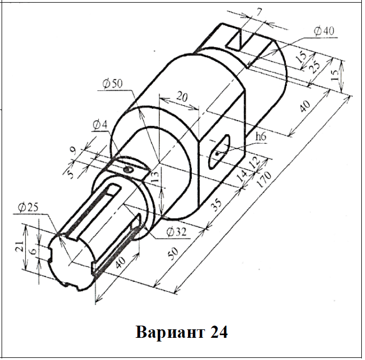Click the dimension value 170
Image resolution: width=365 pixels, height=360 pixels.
(264, 179)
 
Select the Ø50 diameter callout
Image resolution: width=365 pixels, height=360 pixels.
(113, 84)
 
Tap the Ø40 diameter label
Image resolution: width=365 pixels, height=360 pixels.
(324, 31)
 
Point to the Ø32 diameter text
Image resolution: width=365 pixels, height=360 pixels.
(176, 232)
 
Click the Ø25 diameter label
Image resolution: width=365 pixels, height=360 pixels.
(28, 207)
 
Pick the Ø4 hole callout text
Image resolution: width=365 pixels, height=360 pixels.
(100, 125)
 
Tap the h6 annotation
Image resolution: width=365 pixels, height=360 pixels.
(261, 136)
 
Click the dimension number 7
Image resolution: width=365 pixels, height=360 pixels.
(259, 12)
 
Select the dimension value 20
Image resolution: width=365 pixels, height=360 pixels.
(182, 96)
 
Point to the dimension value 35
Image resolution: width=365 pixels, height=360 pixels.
(216, 205)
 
